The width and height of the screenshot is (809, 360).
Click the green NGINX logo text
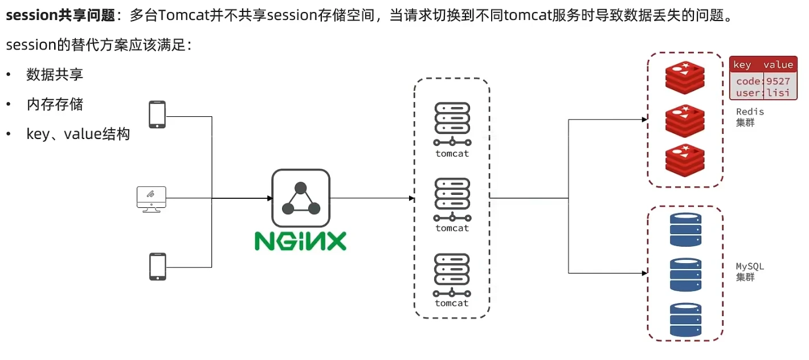(300, 241)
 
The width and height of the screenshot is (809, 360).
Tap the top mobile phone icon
(157, 114)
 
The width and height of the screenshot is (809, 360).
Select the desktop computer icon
(152, 199)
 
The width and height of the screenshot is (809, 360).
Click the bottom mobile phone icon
(158, 267)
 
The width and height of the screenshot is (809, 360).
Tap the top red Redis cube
(685, 77)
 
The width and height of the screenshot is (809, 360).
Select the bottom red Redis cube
(685, 160)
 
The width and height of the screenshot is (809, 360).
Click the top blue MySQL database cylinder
(685, 230)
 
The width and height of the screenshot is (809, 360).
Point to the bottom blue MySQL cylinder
(685, 320)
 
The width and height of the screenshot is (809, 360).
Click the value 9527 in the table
(778, 81)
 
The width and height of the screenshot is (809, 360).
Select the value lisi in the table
(778, 93)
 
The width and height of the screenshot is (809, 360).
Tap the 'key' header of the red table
(742, 65)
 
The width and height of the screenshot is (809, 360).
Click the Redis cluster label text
(750, 117)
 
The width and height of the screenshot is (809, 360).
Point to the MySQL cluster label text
(750, 272)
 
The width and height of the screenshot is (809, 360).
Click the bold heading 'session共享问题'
(60, 15)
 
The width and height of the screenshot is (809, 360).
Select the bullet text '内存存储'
(55, 104)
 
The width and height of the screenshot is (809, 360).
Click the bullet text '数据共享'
(55, 75)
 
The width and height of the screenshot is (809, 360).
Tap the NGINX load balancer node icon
(301, 198)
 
